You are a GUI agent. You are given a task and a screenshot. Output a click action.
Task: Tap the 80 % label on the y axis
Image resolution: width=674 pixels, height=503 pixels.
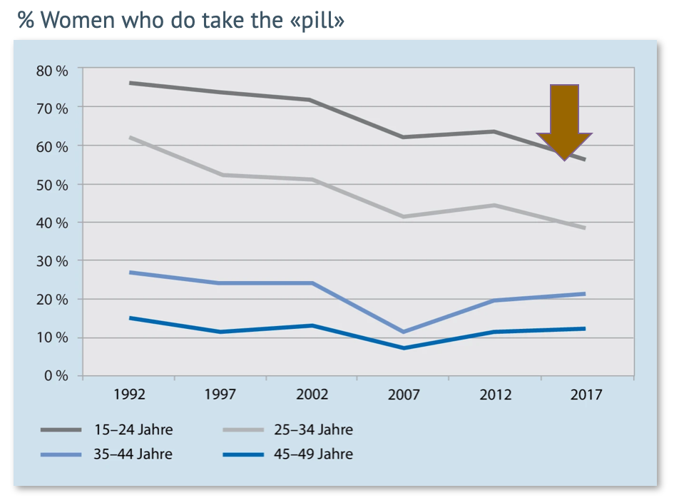click(52, 70)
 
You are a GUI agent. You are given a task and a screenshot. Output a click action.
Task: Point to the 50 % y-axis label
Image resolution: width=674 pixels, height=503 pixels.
click(52, 185)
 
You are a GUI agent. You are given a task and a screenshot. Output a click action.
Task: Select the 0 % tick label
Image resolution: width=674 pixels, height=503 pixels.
click(55, 376)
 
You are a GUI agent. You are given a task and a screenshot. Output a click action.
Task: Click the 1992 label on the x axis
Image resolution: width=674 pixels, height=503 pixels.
click(130, 395)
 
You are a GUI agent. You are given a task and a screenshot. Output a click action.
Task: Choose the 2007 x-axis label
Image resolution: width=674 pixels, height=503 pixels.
click(404, 395)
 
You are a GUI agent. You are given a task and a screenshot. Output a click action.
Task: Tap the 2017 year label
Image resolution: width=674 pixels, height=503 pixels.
click(586, 395)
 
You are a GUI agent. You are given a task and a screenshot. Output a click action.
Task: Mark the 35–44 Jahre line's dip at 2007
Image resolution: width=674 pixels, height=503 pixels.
click(404, 332)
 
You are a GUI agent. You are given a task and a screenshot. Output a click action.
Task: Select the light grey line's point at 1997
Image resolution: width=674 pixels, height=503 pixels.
click(220, 175)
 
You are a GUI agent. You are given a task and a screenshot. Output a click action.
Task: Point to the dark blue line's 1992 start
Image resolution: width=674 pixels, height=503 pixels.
click(130, 317)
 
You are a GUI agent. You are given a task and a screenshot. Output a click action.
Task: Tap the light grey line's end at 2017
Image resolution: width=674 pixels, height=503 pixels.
click(585, 228)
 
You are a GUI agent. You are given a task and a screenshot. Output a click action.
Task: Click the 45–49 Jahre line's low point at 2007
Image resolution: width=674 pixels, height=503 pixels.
click(404, 347)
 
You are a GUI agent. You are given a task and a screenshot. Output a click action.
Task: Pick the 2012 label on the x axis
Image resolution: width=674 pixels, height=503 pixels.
click(495, 395)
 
